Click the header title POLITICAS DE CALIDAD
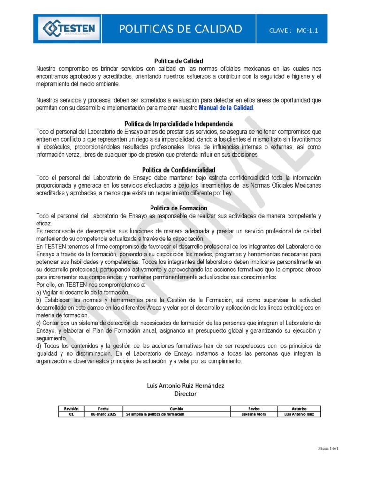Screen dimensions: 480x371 181,29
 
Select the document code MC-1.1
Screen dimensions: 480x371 307,30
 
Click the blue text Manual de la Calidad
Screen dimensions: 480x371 226,108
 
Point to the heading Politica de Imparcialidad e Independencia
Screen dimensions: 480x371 179,124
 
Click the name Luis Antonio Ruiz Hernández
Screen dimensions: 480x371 185,385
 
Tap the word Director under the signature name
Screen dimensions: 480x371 185,394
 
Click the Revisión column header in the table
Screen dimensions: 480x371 71,409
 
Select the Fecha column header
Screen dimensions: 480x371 103,409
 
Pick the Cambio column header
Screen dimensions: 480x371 176,409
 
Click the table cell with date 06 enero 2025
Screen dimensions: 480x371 103,414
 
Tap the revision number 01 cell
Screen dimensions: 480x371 71,414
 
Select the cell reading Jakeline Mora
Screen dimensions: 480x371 254,414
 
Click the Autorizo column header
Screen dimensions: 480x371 299,409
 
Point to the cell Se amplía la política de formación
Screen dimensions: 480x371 155,414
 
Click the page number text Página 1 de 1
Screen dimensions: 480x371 328,449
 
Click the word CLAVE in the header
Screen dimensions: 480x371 280,30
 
